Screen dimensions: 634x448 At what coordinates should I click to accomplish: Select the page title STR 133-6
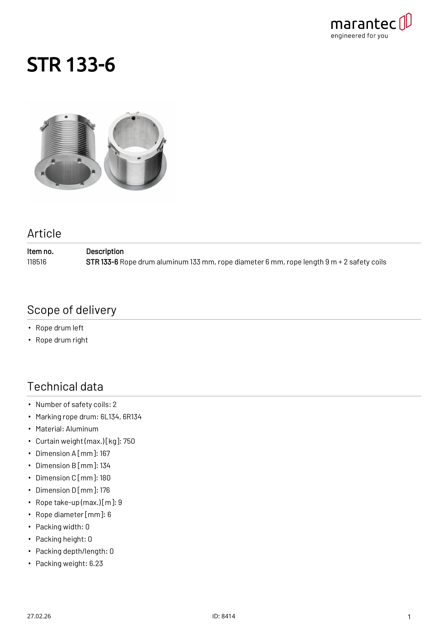point(71,65)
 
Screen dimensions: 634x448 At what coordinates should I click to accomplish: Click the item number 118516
point(37,262)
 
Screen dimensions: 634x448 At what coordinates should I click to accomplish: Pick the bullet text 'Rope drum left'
point(59,328)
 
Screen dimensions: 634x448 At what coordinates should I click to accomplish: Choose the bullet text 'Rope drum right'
point(62,340)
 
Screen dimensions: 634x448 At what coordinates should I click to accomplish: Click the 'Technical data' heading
point(65,387)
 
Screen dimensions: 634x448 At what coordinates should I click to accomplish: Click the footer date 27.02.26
point(39,616)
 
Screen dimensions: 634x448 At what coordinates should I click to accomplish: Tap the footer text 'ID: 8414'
point(224,616)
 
